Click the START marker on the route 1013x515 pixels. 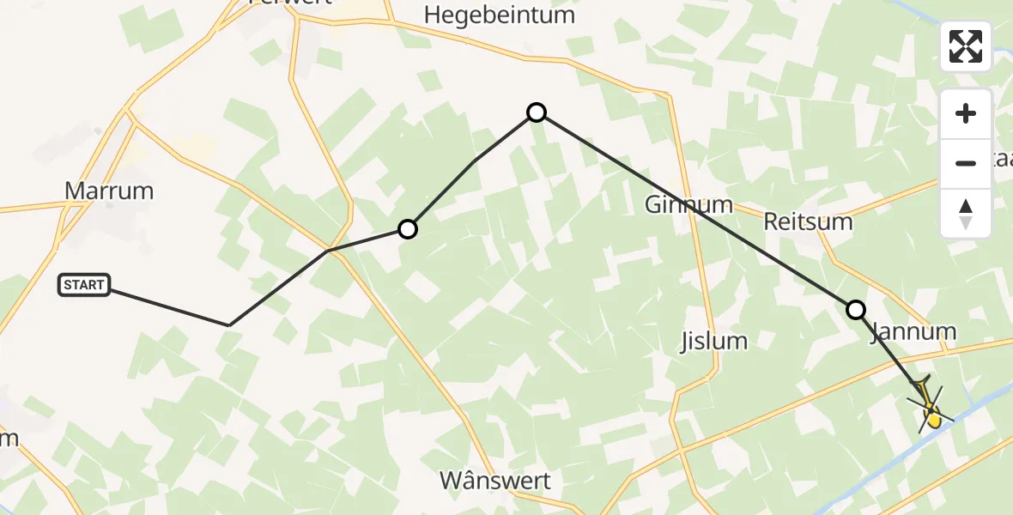coord(84,285)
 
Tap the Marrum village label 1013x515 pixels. coord(109,191)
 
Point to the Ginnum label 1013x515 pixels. coord(688,204)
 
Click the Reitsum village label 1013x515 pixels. coord(808,222)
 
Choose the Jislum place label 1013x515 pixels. coord(713,341)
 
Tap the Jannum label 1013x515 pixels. coord(913,331)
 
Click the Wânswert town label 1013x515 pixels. coord(495,481)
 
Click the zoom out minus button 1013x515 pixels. coord(966,163)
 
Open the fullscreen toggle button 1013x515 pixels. coord(966,45)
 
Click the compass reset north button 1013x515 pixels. coord(966,213)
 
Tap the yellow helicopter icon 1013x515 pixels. coord(930,409)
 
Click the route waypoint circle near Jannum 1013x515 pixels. coord(856,310)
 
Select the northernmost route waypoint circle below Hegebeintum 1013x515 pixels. coord(537,112)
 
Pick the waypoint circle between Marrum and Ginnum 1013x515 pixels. coord(408,229)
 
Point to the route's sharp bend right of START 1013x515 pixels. coord(229,325)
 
